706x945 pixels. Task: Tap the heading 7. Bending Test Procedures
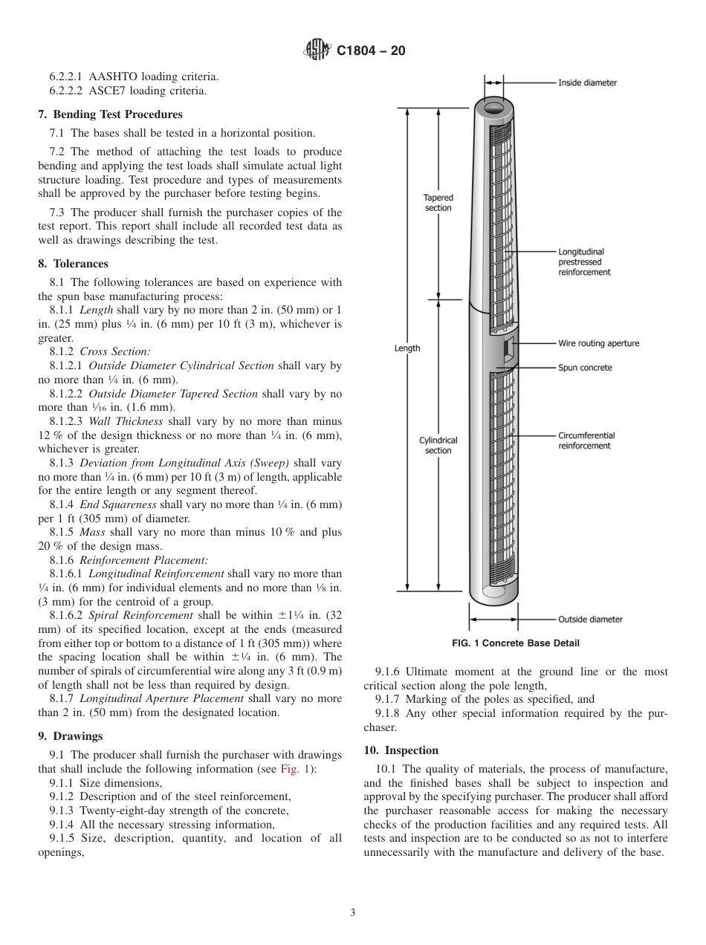(x=110, y=114)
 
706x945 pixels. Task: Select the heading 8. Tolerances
(x=73, y=264)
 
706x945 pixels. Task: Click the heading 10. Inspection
(x=401, y=750)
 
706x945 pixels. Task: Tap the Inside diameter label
(x=587, y=82)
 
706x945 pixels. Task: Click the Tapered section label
(x=438, y=203)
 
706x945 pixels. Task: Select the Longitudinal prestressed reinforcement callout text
(x=584, y=262)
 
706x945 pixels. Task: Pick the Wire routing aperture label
(x=598, y=343)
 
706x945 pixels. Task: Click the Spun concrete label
(x=585, y=368)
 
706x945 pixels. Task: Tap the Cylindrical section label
(x=438, y=445)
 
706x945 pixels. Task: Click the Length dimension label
(x=407, y=348)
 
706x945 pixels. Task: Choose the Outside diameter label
(x=590, y=619)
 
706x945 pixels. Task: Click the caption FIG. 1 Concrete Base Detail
(x=516, y=643)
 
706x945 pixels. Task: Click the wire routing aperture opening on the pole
(x=508, y=348)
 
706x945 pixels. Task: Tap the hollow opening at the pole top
(x=494, y=108)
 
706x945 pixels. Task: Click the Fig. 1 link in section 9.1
(x=291, y=769)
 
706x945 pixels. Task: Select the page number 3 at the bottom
(x=353, y=912)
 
